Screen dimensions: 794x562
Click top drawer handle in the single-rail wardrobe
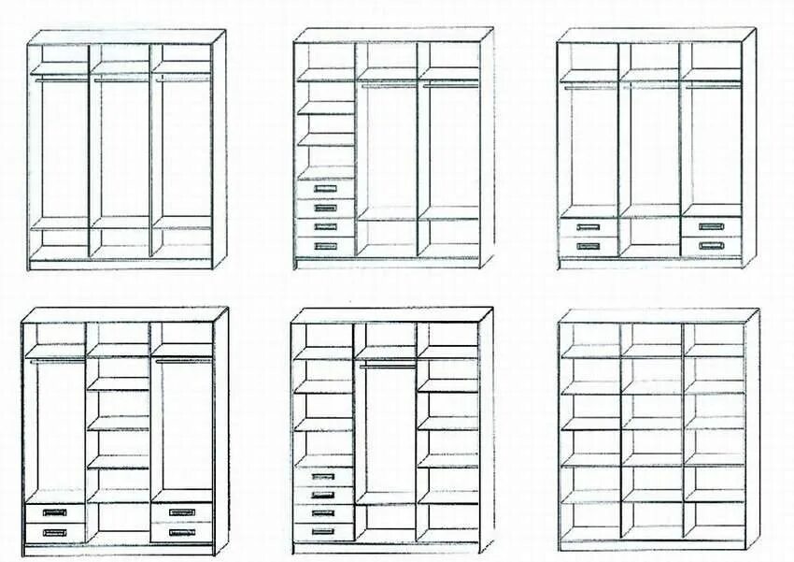coord(323,475)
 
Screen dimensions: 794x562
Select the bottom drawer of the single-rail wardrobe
coord(323,531)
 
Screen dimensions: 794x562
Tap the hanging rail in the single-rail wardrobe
coord(387,365)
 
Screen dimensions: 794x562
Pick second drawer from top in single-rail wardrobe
coord(323,494)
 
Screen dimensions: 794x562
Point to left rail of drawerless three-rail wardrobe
coord(60,79)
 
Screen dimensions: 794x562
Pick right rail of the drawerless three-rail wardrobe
coord(181,79)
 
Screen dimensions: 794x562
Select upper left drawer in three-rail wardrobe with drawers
coord(588,226)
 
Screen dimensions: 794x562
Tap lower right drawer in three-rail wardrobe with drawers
coord(711,246)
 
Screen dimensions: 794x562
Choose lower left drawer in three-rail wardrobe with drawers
coord(588,246)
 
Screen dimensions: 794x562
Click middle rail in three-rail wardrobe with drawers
coord(650,86)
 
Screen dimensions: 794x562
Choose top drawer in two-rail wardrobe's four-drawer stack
coord(325,189)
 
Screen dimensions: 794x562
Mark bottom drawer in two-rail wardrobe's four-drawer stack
coord(325,246)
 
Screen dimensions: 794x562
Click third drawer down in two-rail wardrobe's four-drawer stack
coord(325,227)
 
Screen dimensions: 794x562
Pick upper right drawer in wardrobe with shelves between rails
coord(181,512)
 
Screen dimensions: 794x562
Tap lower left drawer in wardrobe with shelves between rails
coord(55,532)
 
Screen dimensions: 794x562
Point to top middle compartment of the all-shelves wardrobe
coord(652,335)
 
